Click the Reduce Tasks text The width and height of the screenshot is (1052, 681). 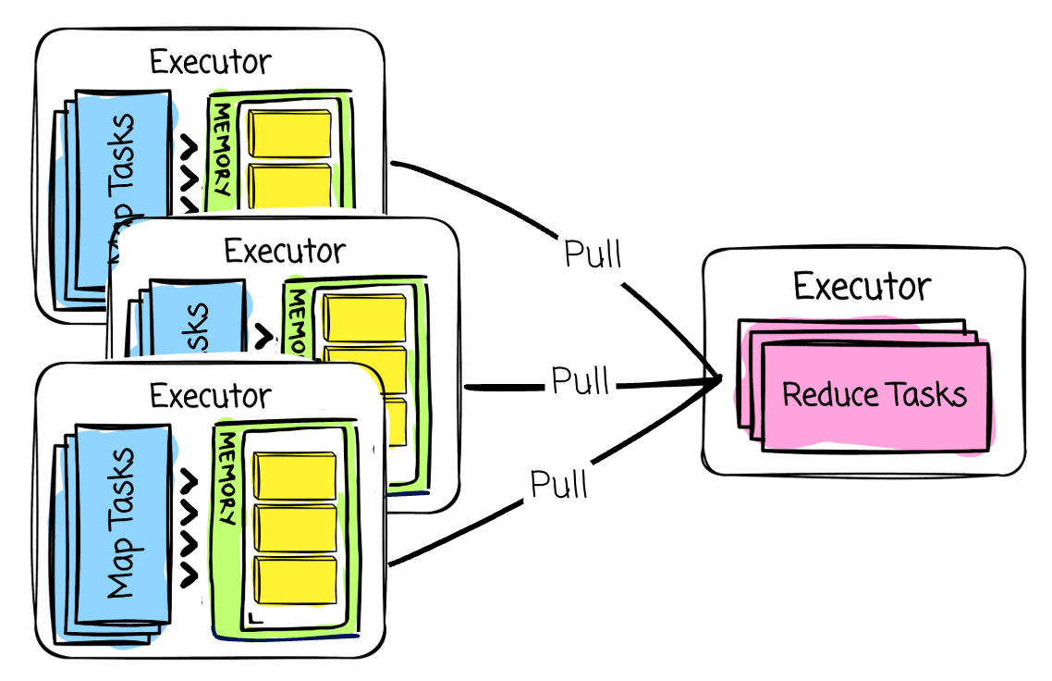pyautogui.click(x=874, y=395)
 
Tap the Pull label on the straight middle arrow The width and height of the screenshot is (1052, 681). pyautogui.click(x=581, y=380)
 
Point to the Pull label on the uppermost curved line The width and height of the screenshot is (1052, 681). pyautogui.click(x=593, y=254)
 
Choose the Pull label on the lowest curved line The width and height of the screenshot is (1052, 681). pyautogui.click(x=559, y=482)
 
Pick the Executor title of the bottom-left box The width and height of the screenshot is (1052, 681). pyautogui.click(x=211, y=396)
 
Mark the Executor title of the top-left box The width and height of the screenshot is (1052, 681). pyautogui.click(x=211, y=62)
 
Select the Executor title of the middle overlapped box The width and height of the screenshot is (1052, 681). pyautogui.click(x=285, y=251)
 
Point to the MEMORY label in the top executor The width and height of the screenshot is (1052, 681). pyautogui.click(x=223, y=148)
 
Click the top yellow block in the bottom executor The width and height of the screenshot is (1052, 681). pyautogui.click(x=294, y=476)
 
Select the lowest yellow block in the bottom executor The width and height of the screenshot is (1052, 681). pyautogui.click(x=294, y=579)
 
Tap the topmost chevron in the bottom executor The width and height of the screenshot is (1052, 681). pyautogui.click(x=190, y=482)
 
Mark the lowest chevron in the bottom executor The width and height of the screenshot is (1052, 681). pyautogui.click(x=190, y=576)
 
